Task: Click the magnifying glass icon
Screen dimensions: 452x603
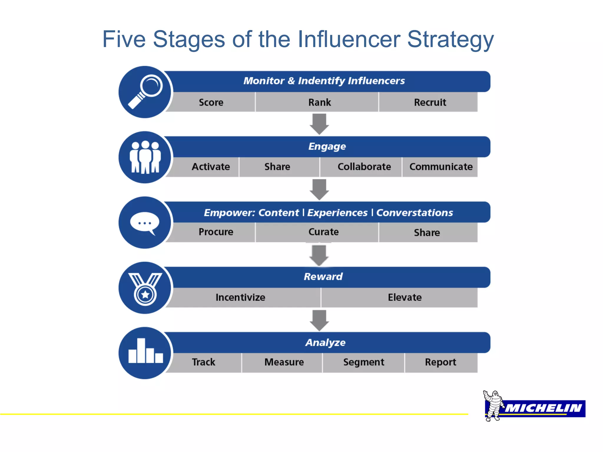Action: (x=145, y=92)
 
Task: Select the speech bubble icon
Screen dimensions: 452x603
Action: (x=145, y=223)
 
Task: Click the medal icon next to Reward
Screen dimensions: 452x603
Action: (x=145, y=288)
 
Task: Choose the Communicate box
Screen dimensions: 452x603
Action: (x=440, y=167)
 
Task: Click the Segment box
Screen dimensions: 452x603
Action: (x=364, y=362)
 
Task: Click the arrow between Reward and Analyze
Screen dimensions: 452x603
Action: (x=319, y=320)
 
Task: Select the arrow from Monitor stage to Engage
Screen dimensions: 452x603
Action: (x=319, y=124)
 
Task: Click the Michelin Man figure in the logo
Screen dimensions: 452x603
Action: (x=493, y=406)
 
